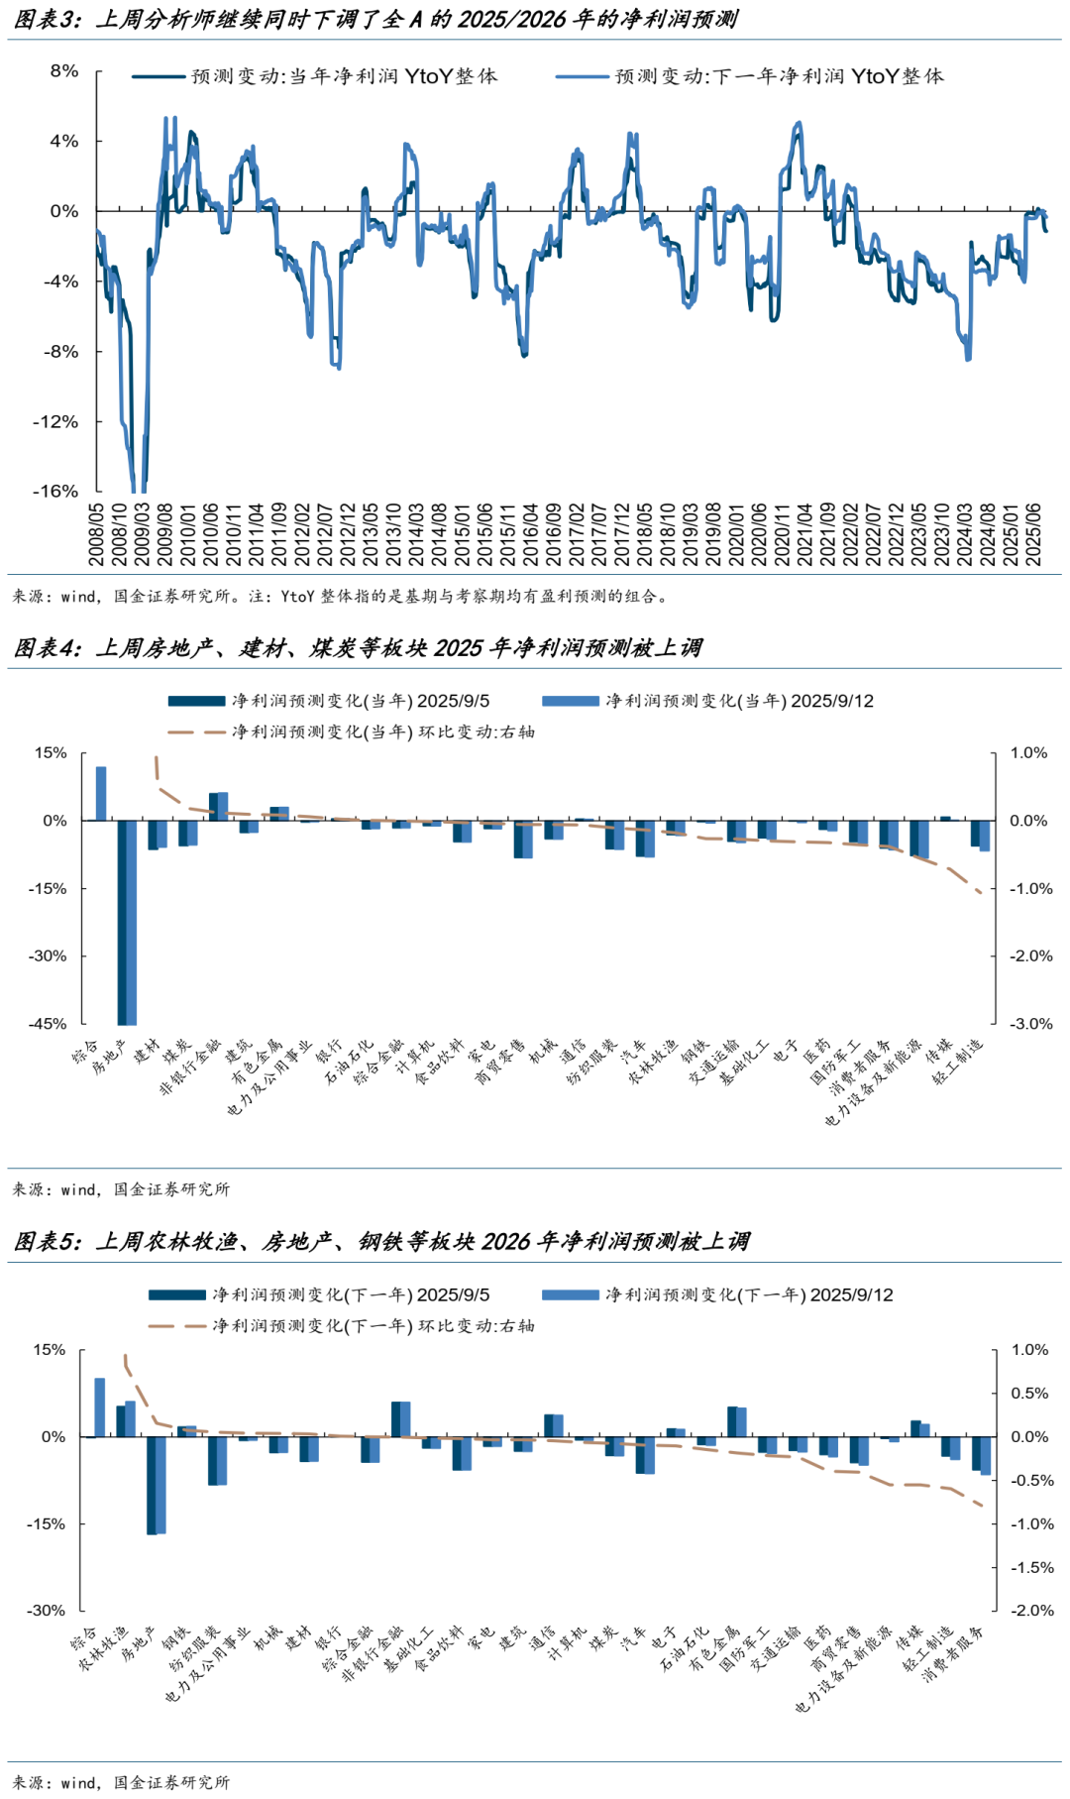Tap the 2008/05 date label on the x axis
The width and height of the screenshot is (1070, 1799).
pyautogui.click(x=96, y=534)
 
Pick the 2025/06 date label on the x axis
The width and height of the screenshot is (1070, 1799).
pyautogui.click(x=1033, y=534)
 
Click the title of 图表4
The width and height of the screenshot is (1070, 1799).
pyautogui.click(x=358, y=648)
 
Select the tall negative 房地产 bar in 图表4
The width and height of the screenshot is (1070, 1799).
pyautogui.click(x=127, y=922)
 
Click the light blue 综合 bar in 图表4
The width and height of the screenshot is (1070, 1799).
pyautogui.click(x=101, y=793)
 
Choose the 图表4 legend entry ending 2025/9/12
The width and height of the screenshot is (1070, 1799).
pyautogui.click(x=738, y=702)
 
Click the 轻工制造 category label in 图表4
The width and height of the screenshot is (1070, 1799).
pyautogui.click(x=958, y=1062)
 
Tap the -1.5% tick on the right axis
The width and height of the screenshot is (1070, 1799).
pyautogui.click(x=1029, y=1567)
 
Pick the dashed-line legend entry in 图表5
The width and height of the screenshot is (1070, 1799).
pyautogui.click(x=373, y=1326)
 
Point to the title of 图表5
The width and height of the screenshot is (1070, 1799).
pyautogui.click(x=381, y=1242)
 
